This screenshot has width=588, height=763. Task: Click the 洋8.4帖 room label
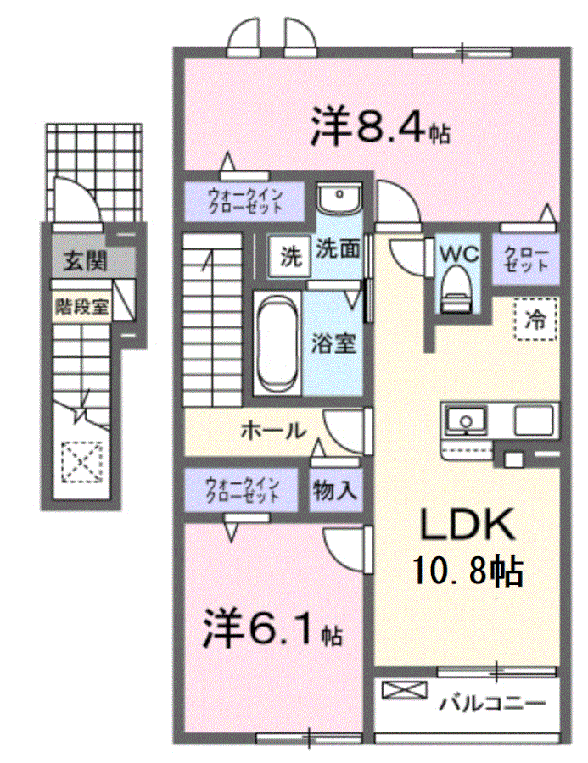point(380,127)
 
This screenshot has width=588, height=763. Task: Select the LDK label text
point(468,525)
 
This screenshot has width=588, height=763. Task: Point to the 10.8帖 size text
point(468,571)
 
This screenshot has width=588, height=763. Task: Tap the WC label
point(459,253)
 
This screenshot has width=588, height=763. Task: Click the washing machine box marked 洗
point(290,256)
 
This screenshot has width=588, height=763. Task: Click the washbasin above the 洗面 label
point(339,197)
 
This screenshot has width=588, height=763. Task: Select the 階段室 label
point(81,307)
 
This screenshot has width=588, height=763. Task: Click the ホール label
point(273,431)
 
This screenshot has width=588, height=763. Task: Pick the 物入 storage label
point(335,490)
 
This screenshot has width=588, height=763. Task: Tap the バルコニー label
point(492,703)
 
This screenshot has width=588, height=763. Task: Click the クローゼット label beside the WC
point(526,259)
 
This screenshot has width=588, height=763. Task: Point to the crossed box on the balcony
point(405,690)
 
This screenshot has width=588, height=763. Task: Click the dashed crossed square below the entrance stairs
point(82,462)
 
